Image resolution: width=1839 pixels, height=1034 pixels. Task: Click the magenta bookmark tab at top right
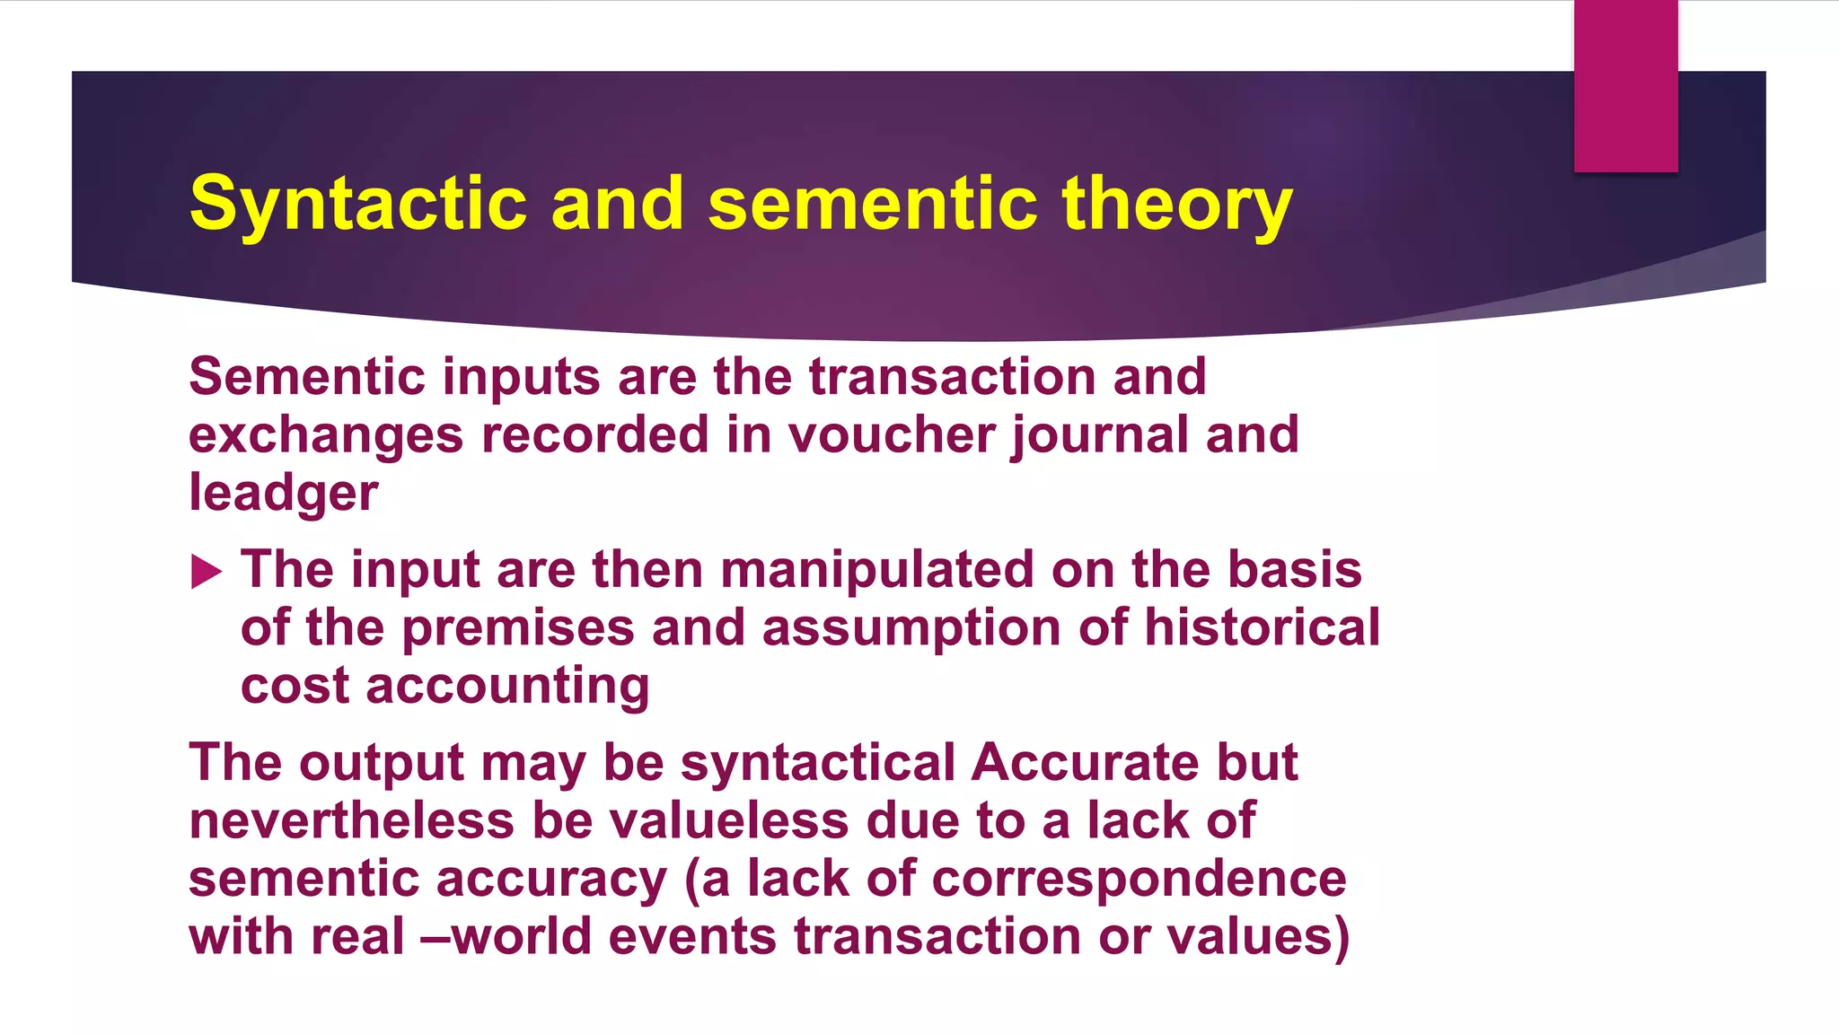click(x=1625, y=85)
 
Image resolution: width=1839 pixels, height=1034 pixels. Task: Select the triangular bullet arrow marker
click(x=206, y=572)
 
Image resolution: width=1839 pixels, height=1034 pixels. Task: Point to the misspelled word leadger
click(x=283, y=494)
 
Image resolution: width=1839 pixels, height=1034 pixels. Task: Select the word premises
click(x=518, y=627)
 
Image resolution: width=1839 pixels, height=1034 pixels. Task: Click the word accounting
click(x=507, y=687)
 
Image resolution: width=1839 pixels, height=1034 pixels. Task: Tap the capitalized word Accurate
click(x=1085, y=763)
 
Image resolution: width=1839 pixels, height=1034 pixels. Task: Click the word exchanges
click(x=326, y=434)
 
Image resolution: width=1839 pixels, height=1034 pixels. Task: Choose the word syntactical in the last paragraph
click(x=817, y=763)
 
